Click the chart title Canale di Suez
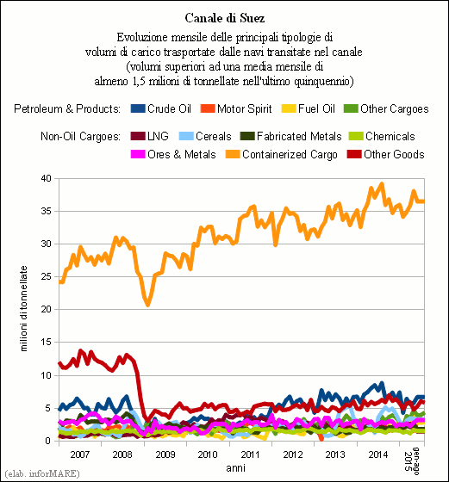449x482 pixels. tap(225, 18)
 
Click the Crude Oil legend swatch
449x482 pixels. tap(138, 108)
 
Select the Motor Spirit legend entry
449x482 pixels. tap(236, 108)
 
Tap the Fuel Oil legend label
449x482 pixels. tap(316, 108)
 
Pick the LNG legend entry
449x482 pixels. tap(150, 136)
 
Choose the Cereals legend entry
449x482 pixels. tap(205, 136)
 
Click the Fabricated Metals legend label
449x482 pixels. tap(299, 136)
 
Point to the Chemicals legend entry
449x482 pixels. tap(382, 136)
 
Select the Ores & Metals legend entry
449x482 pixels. tap(173, 154)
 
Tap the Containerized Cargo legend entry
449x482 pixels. tap(281, 154)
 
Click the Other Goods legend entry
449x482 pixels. tap(385, 154)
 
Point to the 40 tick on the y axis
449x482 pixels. tap(47, 178)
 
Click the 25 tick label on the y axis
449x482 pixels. tap(47, 276)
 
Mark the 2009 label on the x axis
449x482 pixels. tap(165, 454)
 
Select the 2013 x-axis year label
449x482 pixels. tap(335, 454)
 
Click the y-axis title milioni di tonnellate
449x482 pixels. tap(23, 309)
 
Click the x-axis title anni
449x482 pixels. tap(236, 468)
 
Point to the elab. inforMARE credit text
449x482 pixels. tap(42, 473)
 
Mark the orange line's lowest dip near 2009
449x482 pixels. tap(148, 305)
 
